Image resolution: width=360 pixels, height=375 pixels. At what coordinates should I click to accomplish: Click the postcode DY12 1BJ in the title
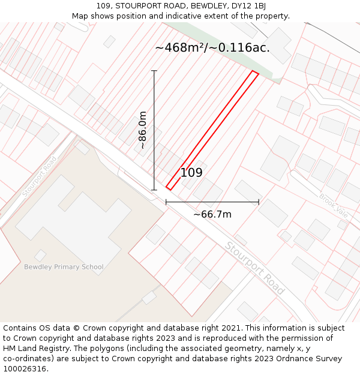(x=250, y=6)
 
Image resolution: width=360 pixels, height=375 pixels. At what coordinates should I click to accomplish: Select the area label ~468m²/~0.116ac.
(x=212, y=48)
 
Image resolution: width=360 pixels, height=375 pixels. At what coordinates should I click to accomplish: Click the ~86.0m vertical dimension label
(x=143, y=130)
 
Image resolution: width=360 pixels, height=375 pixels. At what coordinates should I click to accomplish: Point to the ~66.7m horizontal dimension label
(x=212, y=214)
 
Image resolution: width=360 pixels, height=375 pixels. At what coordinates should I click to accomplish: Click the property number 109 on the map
(x=191, y=173)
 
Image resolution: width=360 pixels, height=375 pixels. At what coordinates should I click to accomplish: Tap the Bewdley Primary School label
(x=64, y=267)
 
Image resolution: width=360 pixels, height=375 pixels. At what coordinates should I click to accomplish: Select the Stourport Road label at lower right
(x=254, y=268)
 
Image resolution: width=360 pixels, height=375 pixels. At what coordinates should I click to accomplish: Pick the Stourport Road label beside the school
(x=40, y=176)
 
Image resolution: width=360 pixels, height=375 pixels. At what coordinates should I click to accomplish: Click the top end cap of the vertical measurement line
(x=154, y=71)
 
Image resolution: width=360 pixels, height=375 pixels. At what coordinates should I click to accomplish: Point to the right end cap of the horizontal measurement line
(x=259, y=202)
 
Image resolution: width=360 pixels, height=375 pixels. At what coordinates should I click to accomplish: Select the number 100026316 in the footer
(x=25, y=369)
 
